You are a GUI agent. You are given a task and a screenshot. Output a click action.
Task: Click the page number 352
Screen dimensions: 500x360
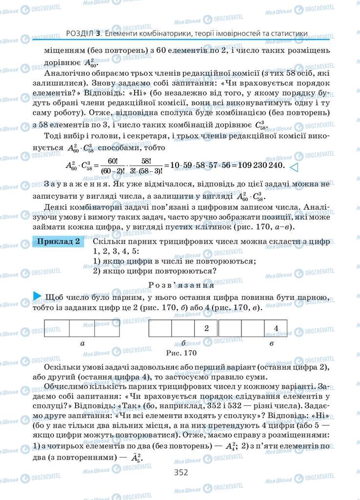(x=180, y=472)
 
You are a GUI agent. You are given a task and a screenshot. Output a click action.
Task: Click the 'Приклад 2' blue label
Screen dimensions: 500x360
(x=58, y=242)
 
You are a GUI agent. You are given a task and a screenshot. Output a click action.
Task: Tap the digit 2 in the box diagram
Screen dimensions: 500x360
(x=206, y=328)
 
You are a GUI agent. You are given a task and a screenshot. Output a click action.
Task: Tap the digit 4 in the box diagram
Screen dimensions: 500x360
(x=276, y=328)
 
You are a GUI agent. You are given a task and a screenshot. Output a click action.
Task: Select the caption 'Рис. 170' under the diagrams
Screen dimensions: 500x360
(x=180, y=352)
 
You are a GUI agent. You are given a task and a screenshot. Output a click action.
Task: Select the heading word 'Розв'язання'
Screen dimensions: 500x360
(x=180, y=285)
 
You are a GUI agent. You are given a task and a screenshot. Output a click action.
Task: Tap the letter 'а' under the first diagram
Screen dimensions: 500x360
(x=82, y=343)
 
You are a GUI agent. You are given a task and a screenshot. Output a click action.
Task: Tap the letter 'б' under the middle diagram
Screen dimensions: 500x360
(x=183, y=343)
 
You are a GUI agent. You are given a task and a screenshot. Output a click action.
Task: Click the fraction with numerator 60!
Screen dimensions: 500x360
(x=111, y=166)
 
